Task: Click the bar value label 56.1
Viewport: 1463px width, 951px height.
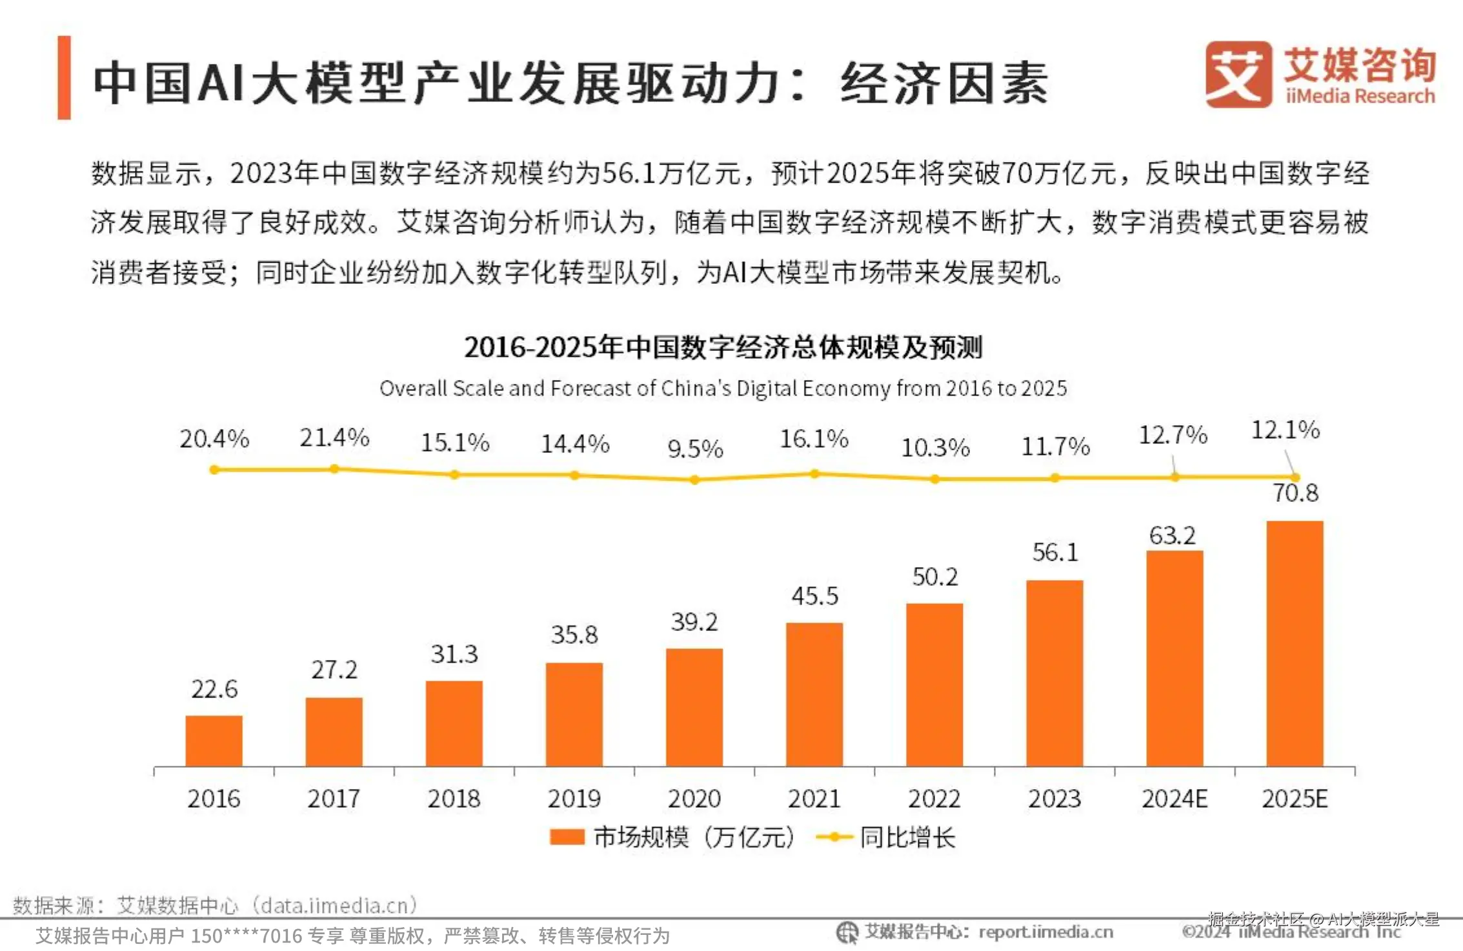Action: [x=1055, y=552]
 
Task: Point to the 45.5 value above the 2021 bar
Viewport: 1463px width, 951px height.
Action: [x=815, y=596]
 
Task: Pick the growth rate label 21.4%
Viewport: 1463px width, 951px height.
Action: [x=334, y=438]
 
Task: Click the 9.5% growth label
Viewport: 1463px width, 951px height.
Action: [x=695, y=449]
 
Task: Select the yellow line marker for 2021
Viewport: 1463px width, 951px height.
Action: [x=814, y=474]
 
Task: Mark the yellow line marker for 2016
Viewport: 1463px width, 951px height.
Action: [x=214, y=470]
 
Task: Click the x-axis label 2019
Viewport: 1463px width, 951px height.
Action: [x=574, y=799]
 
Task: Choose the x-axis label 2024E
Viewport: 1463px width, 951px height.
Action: [x=1175, y=799]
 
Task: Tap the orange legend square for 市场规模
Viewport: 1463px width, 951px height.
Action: [x=567, y=837]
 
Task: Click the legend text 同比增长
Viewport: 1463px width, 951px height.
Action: [x=907, y=837]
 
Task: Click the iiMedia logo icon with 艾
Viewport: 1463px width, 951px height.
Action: [x=1238, y=74]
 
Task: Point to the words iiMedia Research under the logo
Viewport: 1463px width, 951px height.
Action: [x=1360, y=96]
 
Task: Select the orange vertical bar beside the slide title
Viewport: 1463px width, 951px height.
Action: [x=64, y=77]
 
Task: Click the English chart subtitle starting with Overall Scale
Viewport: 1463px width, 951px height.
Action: [x=723, y=388]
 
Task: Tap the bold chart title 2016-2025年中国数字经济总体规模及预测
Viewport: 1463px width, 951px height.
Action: [x=723, y=347]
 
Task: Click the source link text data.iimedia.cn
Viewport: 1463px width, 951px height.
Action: [x=334, y=906]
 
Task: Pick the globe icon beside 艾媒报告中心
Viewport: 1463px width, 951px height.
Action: [x=847, y=932]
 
